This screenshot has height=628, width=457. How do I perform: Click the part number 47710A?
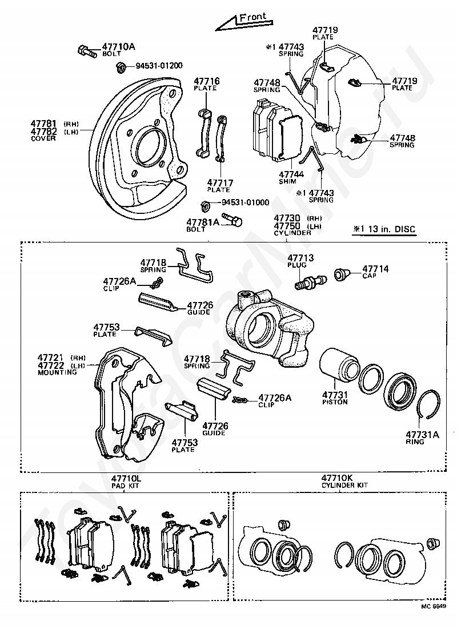118,47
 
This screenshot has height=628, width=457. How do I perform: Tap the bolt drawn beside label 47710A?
86,51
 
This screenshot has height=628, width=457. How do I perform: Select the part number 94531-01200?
159,66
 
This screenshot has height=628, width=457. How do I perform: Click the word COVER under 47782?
43,138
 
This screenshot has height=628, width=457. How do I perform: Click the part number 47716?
207,81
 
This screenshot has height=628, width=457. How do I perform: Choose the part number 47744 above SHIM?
291,174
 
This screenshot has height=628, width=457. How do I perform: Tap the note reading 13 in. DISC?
391,229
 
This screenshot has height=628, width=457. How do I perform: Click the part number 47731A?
422,435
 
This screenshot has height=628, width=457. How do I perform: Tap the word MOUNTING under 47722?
57,372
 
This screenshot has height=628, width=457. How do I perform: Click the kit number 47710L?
126,479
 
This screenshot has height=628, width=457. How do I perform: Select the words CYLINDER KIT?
344,485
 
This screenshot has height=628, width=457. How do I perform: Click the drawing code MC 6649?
434,617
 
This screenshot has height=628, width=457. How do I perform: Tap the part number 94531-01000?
245,202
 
